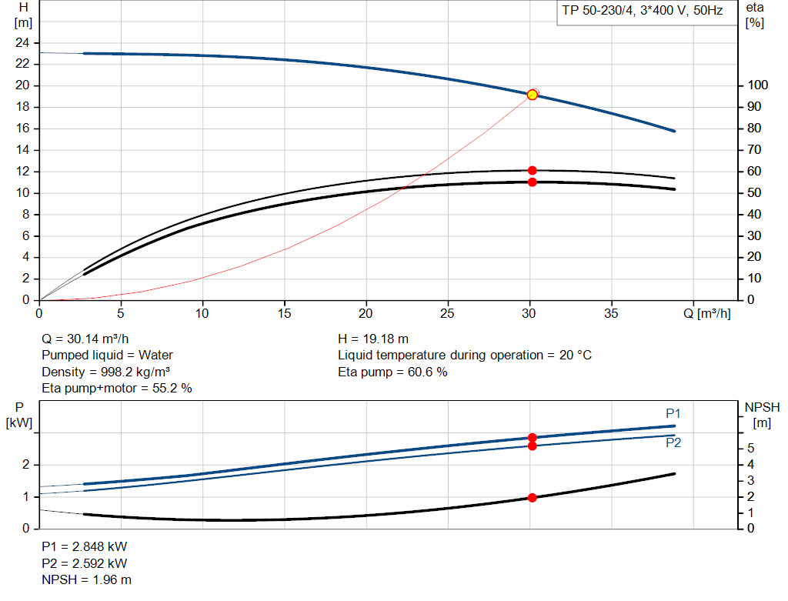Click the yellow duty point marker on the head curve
pyautogui.click(x=532, y=95)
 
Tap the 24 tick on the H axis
pyautogui.click(x=22, y=43)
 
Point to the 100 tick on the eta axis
pyautogui.click(x=758, y=85)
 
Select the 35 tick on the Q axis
pyautogui.click(x=612, y=313)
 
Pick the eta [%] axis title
pyautogui.click(x=755, y=15)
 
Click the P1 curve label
pyautogui.click(x=673, y=413)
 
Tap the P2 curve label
pyautogui.click(x=673, y=443)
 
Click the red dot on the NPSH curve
pyautogui.click(x=532, y=498)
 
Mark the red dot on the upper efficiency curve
pyautogui.click(x=532, y=170)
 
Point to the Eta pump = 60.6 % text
pyautogui.click(x=392, y=372)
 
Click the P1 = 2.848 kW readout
pyautogui.click(x=84, y=546)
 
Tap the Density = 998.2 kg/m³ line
pyautogui.click(x=105, y=372)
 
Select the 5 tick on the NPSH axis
pyautogui.click(x=750, y=449)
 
